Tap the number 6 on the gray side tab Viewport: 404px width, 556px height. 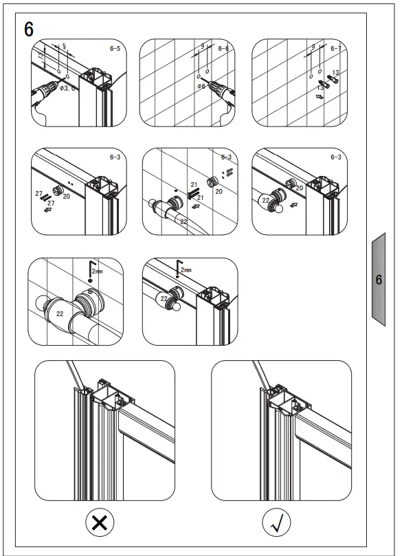[x=379, y=280]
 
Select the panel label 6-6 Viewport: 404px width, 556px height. [x=223, y=49]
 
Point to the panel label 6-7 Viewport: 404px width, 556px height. [x=335, y=49]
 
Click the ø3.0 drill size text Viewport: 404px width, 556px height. [x=65, y=87]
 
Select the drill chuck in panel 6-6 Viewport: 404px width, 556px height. [x=217, y=88]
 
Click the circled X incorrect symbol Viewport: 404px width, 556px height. [x=99, y=523]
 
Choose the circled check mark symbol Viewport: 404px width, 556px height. [x=277, y=523]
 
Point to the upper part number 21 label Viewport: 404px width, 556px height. [x=194, y=185]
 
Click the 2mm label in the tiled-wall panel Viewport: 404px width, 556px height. [x=98, y=272]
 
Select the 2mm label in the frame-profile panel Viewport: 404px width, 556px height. [x=186, y=270]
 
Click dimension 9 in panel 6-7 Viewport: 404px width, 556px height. [x=313, y=46]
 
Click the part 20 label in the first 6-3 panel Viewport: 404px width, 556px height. [x=67, y=196]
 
